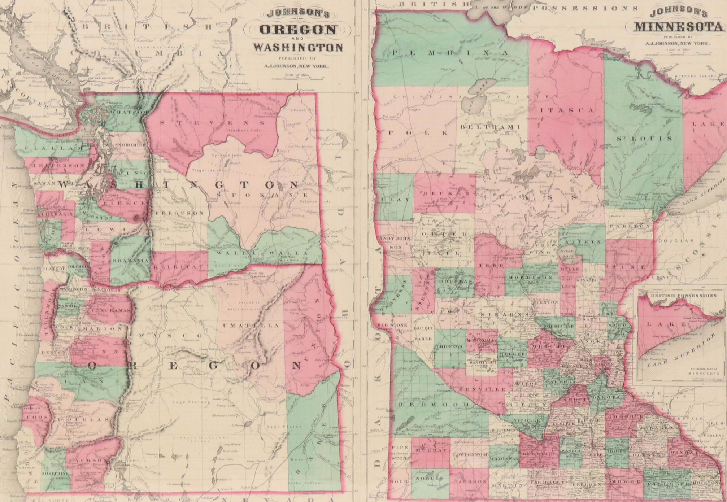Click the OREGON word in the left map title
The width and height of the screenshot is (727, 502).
(x=298, y=30)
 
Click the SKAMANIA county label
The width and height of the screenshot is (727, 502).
(x=130, y=261)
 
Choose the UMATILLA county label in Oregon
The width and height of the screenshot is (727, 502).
(x=251, y=326)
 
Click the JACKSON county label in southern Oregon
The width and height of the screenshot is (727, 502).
(x=89, y=461)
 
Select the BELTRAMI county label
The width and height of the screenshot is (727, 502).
(x=489, y=127)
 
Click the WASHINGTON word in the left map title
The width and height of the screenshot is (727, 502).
(x=298, y=47)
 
